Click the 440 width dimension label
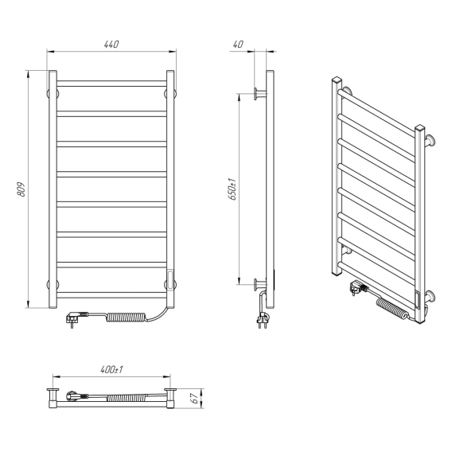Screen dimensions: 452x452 (x=111, y=45)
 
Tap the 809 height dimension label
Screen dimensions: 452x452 (x=21, y=189)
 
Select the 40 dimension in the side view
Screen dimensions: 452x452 (x=238, y=45)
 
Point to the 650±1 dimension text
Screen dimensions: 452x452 (x=232, y=189)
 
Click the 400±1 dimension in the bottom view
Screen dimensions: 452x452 (x=111, y=369)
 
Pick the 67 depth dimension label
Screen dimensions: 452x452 (x=195, y=398)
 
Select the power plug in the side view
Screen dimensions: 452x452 (x=263, y=320)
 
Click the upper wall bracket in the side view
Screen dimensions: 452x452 (x=260, y=94)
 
